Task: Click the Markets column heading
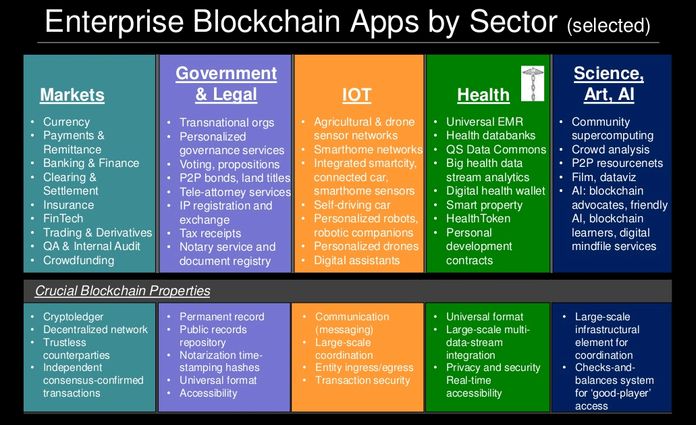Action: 72,95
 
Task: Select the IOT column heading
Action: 356,95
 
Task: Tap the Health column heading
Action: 483,95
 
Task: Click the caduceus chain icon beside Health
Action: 532,84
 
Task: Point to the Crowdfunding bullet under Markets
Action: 78,260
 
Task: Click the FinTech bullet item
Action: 63,218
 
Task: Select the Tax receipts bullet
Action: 211,233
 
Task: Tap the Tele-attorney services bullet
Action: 235,192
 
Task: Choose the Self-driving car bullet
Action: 352,205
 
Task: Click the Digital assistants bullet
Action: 357,260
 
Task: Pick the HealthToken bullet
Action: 478,218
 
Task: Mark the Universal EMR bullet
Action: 485,122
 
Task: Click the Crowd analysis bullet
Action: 610,149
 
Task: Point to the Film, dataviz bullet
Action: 604,177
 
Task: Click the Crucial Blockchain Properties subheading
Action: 122,291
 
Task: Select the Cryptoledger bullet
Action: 73,317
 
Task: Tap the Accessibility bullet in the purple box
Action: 208,393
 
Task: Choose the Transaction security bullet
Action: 363,380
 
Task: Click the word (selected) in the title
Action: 608,25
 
